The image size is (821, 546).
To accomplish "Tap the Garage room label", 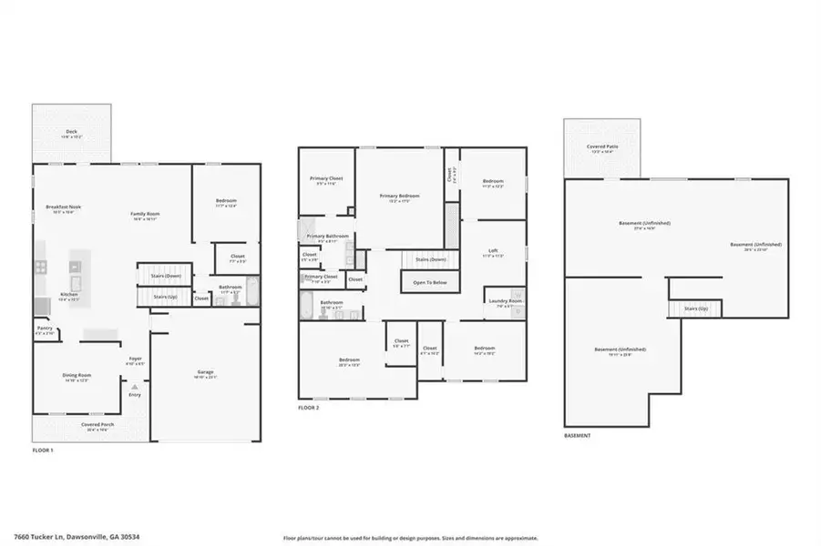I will [x=206, y=373].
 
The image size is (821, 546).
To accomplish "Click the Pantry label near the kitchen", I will [x=45, y=329].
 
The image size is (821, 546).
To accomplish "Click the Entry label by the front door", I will [x=135, y=394].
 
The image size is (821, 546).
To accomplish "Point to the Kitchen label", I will [x=69, y=295].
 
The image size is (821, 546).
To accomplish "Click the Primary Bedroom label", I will [x=400, y=197].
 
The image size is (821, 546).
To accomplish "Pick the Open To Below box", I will [x=428, y=282].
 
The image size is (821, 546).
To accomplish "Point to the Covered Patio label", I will [x=600, y=147].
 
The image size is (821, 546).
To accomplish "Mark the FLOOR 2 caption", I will [x=309, y=408].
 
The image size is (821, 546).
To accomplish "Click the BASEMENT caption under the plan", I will [x=577, y=435].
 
